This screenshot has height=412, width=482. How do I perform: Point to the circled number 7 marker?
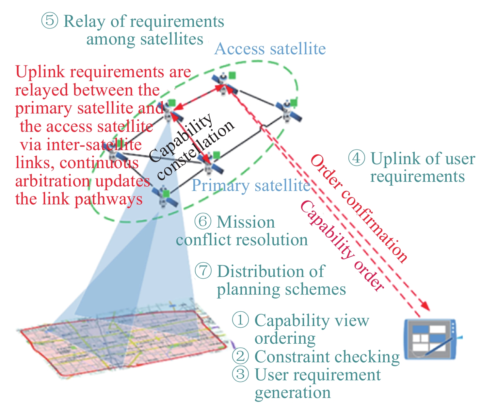tap(203, 271)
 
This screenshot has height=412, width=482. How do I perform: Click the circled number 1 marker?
tap(240, 320)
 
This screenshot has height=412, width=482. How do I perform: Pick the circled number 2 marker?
tap(240, 356)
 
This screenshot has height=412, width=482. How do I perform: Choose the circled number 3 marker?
tap(240, 374)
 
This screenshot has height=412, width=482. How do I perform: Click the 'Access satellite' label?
tap(270, 49)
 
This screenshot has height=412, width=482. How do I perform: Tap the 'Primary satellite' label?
tap(250, 186)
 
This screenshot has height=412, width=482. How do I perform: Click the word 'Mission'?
tap(246, 222)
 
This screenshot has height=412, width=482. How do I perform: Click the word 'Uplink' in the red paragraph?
tap(36, 72)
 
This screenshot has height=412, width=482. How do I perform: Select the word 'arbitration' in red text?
tap(53, 181)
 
